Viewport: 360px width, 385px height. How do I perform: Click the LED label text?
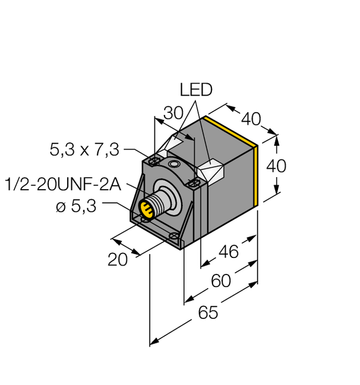pos(195,90)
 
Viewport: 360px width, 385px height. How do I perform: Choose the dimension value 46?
pos(228,252)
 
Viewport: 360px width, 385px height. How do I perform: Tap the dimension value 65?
pos(208,313)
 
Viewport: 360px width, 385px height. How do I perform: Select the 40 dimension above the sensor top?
pos(251,120)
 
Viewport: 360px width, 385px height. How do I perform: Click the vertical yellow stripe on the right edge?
pos(260,174)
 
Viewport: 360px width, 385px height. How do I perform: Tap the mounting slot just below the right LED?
pos(194,182)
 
